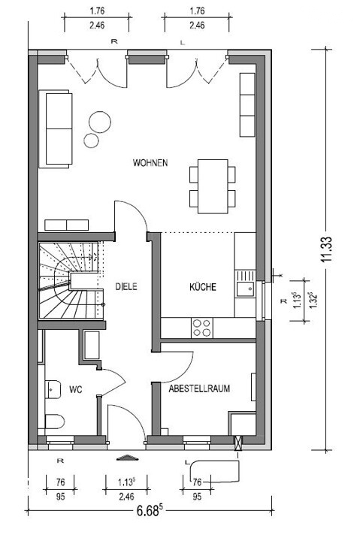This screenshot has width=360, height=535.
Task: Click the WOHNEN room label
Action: [150, 163]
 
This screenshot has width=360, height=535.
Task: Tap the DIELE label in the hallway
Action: [126, 286]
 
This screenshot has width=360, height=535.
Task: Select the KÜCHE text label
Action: [203, 286]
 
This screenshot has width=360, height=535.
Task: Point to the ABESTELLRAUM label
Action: [199, 388]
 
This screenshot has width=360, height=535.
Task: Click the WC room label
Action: [75, 389]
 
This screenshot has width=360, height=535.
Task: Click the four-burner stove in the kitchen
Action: [201, 328]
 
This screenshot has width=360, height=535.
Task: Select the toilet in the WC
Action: [54, 422]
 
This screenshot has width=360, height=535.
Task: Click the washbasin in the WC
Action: [53, 389]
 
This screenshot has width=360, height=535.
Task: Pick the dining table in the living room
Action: [213, 186]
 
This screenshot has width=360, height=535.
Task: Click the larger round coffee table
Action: [100, 122]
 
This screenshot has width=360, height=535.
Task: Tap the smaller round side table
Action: [92, 141]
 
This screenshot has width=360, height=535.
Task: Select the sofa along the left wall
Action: [56, 129]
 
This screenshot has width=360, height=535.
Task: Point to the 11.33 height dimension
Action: [326, 249]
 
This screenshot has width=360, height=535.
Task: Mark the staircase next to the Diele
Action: [71, 280]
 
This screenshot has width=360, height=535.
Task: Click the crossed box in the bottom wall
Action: [237, 443]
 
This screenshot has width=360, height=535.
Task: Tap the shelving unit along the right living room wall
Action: [247, 104]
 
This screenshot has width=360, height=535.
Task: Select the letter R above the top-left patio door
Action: [114, 41]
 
